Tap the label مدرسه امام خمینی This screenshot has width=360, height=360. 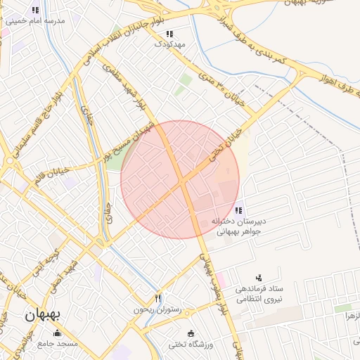click(x=35, y=21)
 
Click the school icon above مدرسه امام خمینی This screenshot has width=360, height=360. click(x=35, y=10)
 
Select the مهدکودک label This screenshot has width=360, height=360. click(x=169, y=44)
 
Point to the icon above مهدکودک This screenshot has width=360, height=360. click(x=169, y=34)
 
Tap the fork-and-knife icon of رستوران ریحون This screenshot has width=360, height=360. click(x=157, y=299)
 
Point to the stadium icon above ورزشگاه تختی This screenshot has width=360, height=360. click(x=191, y=333)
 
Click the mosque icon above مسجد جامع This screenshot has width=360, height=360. click(x=57, y=332)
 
